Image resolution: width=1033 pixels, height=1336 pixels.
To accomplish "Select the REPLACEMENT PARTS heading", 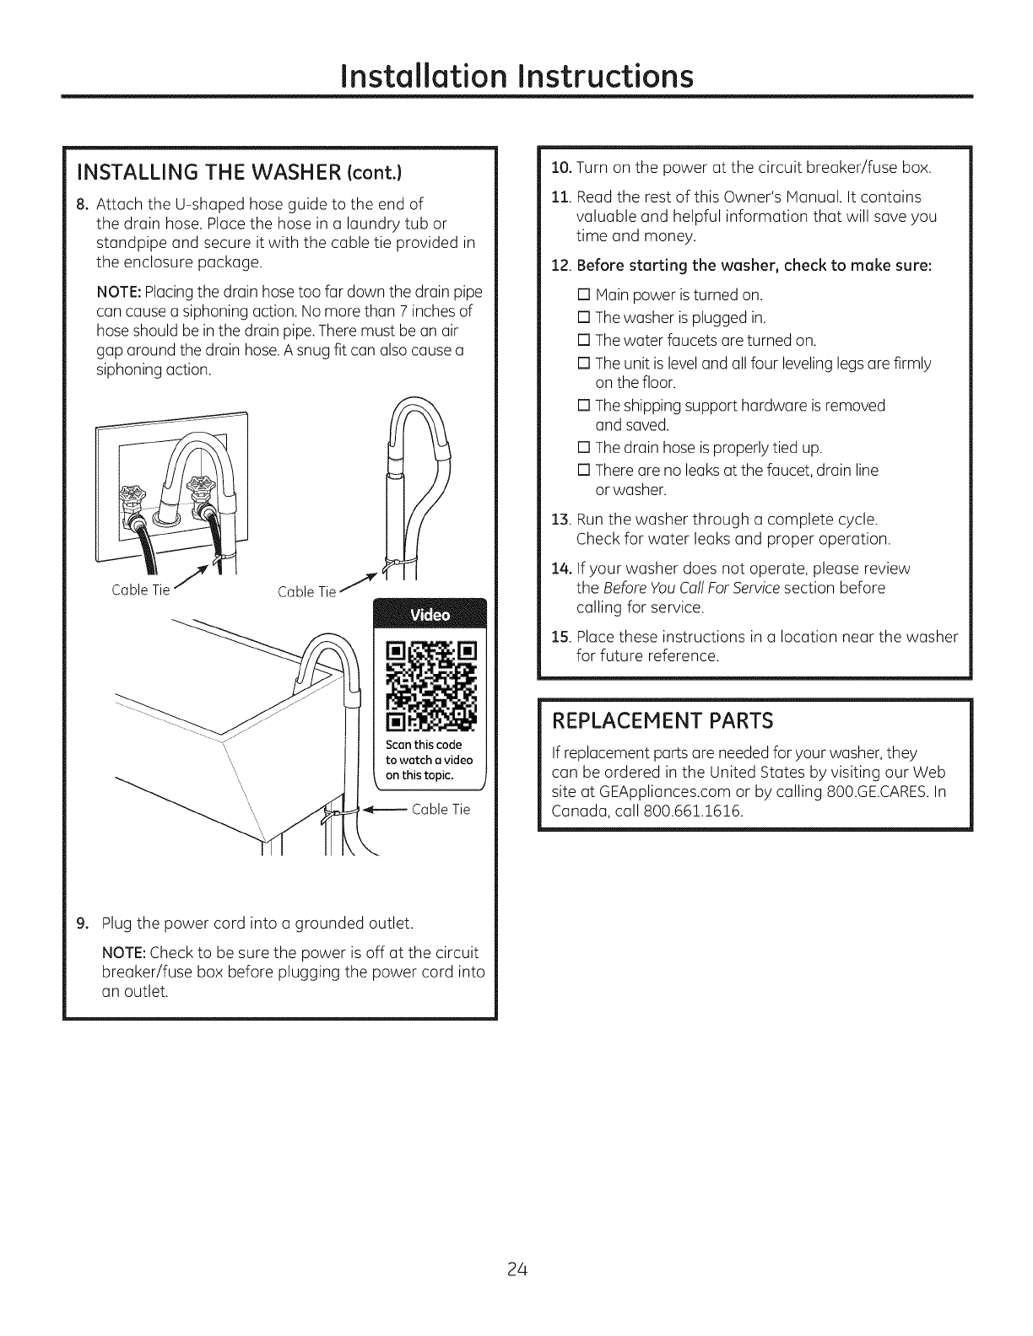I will click(x=662, y=721).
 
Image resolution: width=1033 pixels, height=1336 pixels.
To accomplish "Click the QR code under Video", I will click(x=430, y=686).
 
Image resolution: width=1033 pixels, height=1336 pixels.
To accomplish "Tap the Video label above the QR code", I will click(x=430, y=615).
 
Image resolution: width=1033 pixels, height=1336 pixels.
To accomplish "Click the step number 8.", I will click(x=81, y=204).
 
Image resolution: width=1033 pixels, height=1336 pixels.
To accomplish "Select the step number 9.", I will click(x=81, y=921).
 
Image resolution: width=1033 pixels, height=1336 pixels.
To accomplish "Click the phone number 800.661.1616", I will click(x=700, y=811).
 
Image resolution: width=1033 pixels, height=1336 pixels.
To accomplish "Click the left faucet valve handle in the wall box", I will click(x=132, y=494).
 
